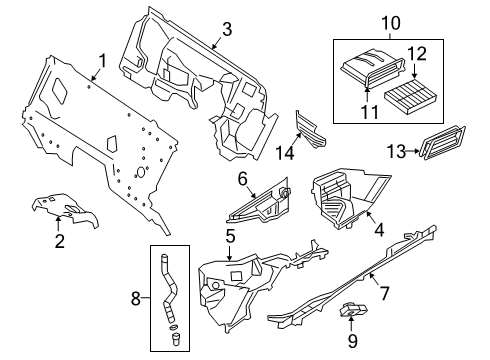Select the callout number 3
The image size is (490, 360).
(228, 28)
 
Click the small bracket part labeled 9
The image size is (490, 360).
(353, 313)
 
